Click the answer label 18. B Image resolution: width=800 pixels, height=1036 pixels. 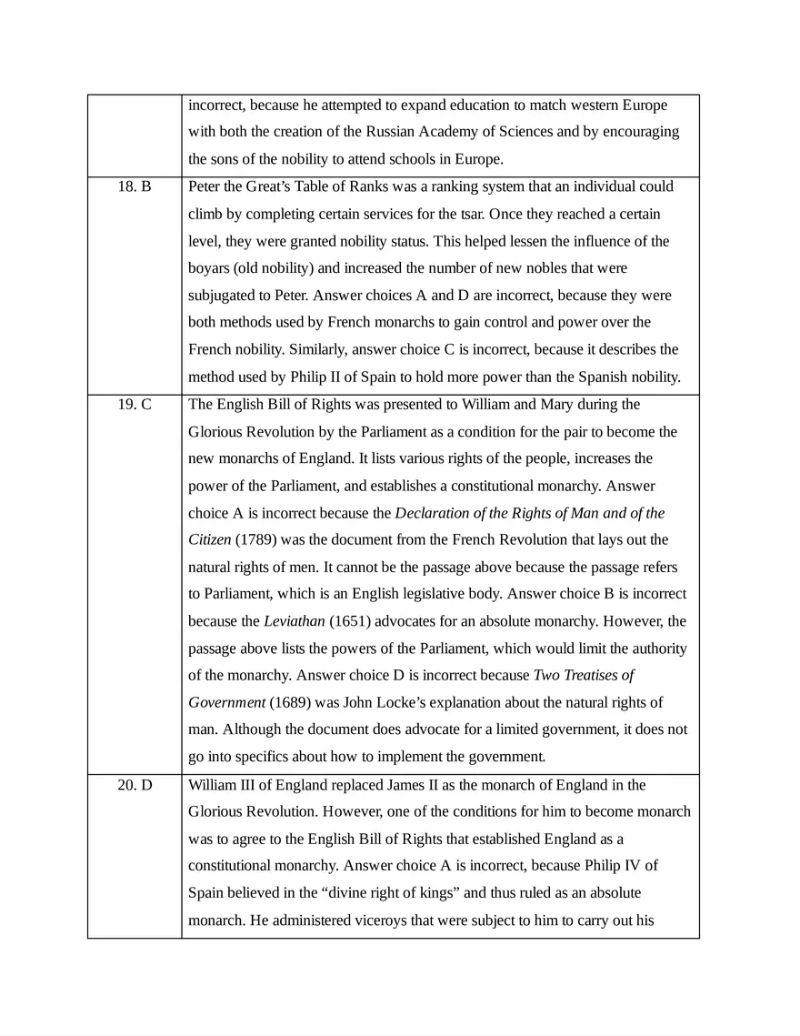[x=135, y=186]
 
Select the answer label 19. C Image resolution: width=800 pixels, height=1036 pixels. [x=135, y=404]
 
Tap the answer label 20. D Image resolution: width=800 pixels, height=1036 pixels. [x=135, y=785]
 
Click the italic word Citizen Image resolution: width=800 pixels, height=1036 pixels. [x=210, y=539]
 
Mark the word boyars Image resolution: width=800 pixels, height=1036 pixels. [x=210, y=268]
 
